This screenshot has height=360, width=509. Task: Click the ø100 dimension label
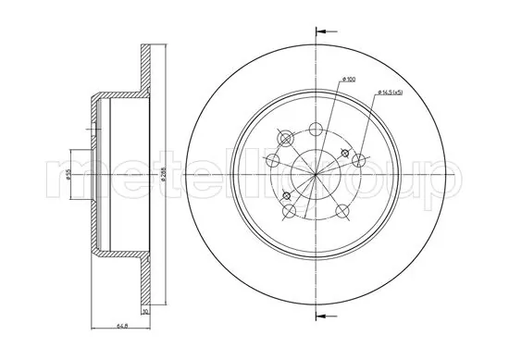point(348,80)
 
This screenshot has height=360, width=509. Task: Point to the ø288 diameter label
point(163,173)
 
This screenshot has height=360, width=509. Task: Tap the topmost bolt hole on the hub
point(315,128)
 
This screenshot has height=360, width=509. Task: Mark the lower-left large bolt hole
point(289,212)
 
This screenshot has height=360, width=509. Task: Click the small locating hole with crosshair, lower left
point(286,195)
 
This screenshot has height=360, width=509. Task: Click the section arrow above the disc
point(321,32)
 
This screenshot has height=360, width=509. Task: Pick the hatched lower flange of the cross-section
point(144,282)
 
